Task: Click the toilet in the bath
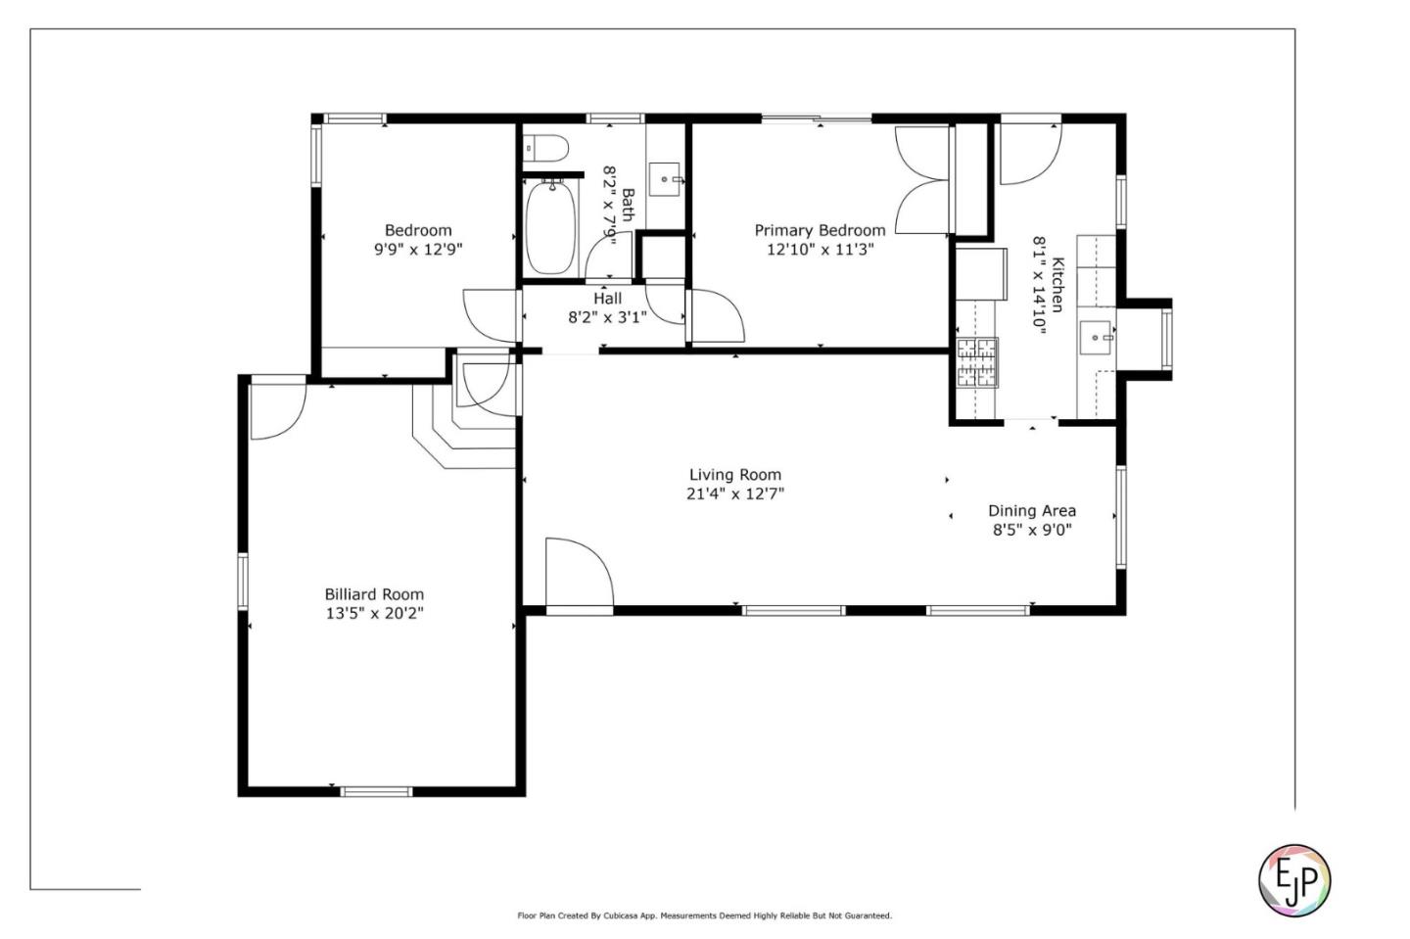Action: tap(545, 149)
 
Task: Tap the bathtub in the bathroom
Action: tap(550, 227)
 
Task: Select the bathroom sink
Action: tap(664, 179)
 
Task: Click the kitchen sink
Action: tap(1097, 338)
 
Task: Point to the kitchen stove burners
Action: tap(977, 362)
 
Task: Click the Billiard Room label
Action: tap(374, 594)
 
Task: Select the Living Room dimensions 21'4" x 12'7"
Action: tap(735, 494)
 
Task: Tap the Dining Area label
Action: tap(1032, 510)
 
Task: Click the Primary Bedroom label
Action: tap(821, 230)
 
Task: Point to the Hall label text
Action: tap(607, 299)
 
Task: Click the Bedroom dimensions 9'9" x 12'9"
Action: tap(419, 250)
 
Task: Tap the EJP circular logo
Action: tap(1294, 880)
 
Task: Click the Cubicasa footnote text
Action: tap(704, 916)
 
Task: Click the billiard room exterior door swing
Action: tap(278, 410)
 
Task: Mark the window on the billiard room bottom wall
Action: tap(376, 791)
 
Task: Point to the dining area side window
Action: tap(1121, 517)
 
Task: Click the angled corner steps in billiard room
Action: tap(464, 427)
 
